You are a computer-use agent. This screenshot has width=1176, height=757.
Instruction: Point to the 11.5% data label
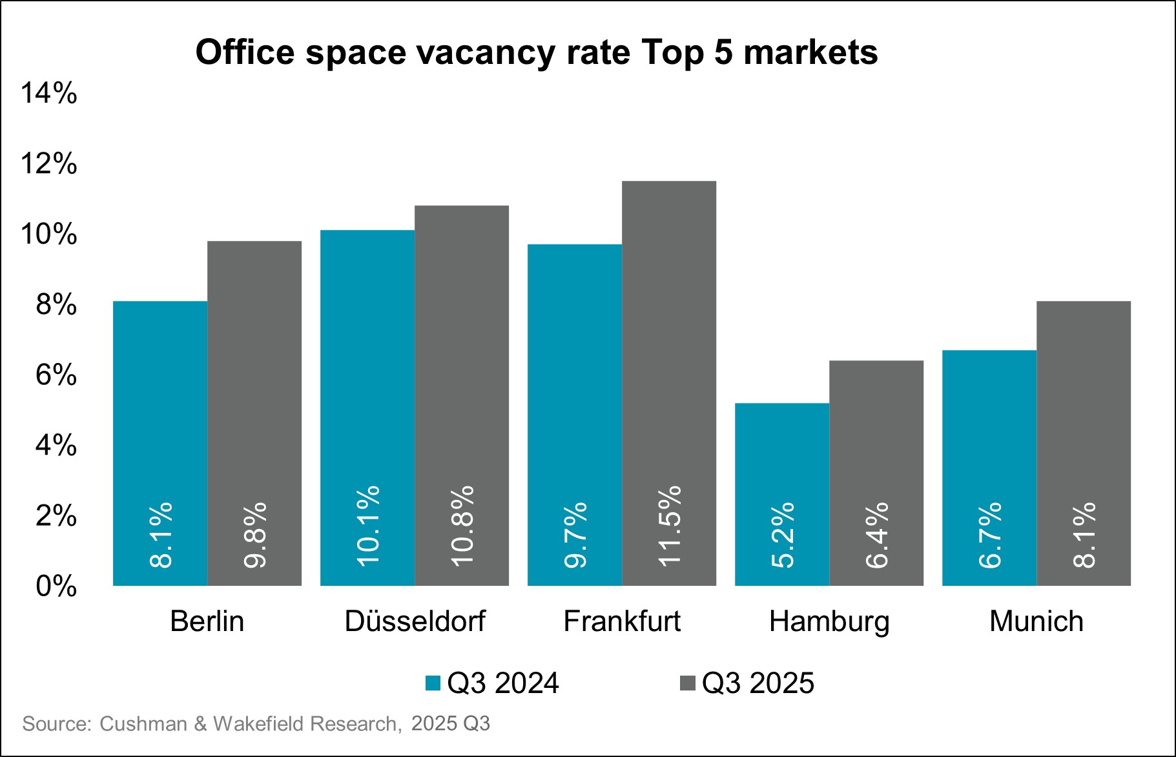pyautogui.click(x=670, y=526)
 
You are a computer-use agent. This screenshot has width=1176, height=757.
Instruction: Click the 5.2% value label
pyautogui.click(x=783, y=535)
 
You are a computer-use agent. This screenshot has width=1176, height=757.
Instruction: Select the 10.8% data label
pyautogui.click(x=462, y=526)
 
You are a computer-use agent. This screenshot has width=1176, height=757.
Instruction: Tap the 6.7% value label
pyautogui.click(x=990, y=535)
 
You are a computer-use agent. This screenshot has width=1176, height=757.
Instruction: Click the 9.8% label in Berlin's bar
pyautogui.click(x=255, y=535)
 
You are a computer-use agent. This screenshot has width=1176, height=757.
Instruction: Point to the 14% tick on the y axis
pyautogui.click(x=49, y=94)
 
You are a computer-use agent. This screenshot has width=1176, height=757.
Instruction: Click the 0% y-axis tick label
pyautogui.click(x=56, y=586)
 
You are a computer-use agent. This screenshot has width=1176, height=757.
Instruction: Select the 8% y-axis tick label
pyautogui.click(x=56, y=305)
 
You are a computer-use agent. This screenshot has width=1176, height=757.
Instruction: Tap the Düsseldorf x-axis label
pyautogui.click(x=415, y=621)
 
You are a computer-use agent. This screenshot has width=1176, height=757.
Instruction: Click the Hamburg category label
pyautogui.click(x=829, y=622)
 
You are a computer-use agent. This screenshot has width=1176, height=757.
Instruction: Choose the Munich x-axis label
pyautogui.click(x=1036, y=621)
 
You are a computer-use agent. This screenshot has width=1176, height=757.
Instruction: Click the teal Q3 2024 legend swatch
pyautogui.click(x=433, y=683)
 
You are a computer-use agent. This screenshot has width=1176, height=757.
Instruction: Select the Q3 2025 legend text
pyautogui.click(x=758, y=683)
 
